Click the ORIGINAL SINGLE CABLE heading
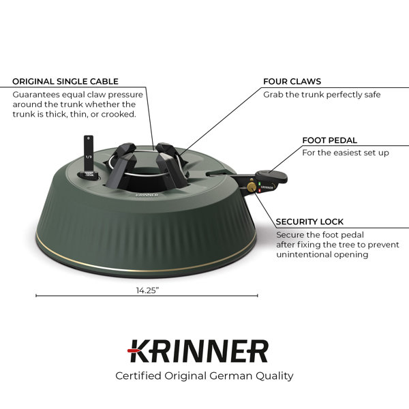point(65,81)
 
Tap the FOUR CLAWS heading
point(292,81)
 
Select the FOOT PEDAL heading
point(330,140)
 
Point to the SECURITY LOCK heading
point(309,222)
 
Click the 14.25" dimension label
point(147,290)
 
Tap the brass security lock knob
point(252,187)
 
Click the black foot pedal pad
point(271,176)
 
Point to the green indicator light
point(260,183)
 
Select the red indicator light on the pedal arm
point(260,190)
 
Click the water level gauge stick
point(89,155)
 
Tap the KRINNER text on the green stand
point(147,194)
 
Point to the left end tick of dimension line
point(36,296)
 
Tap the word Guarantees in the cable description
point(36,95)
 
